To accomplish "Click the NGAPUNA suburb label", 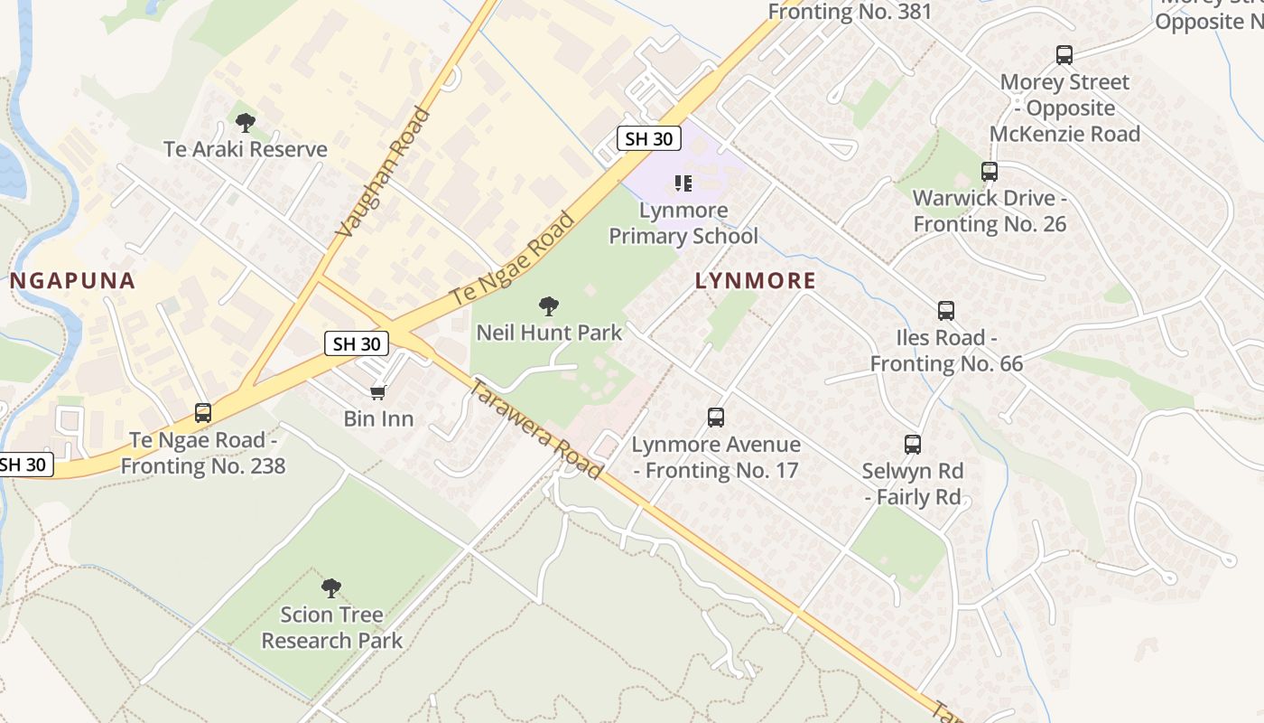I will point(73,281).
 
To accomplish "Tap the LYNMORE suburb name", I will point(756,281).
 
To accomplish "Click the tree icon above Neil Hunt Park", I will point(548,306).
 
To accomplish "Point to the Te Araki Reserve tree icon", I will point(245,122).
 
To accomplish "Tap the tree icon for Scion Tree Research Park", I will point(331,588).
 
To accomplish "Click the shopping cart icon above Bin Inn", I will point(378,392).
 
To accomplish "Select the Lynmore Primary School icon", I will point(683,184).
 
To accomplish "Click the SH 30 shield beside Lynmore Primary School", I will point(648,138).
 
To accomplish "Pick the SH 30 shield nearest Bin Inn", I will point(357,343).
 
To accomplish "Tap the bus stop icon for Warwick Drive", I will point(990,172).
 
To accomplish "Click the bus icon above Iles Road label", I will point(946,311).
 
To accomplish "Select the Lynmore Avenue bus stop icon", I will point(716,418).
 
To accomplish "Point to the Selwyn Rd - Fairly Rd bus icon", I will point(913,445).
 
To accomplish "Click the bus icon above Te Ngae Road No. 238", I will point(203,413).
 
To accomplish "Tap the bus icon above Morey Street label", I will point(1064,55).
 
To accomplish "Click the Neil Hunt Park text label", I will point(549,333).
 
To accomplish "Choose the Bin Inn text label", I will point(378,418).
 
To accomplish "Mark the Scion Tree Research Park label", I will point(331,627).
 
